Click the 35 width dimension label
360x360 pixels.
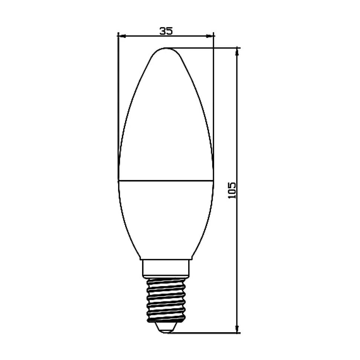click(x=166, y=31)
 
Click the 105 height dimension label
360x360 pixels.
click(x=232, y=190)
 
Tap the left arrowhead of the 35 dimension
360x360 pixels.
click(x=122, y=36)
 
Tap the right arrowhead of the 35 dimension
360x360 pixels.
click(x=209, y=36)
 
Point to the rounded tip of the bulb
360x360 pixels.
click(x=166, y=49)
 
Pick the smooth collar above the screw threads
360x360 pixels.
click(x=166, y=269)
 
